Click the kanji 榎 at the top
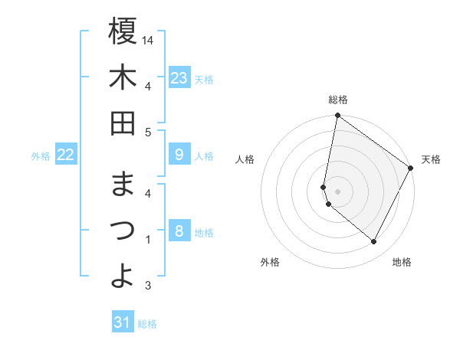[x=123, y=31]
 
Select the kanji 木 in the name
[x=123, y=78]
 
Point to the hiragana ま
[x=123, y=185]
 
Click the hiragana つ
[x=123, y=231]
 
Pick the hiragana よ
[x=123, y=276]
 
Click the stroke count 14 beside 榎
[x=148, y=39]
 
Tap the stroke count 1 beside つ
[x=147, y=240]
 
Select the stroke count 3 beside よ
[x=147, y=286]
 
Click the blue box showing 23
[x=179, y=78]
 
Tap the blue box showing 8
[x=179, y=231]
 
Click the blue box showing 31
[x=123, y=322]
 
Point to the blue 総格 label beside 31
[x=147, y=324]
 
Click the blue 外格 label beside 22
[x=41, y=156]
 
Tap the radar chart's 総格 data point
[x=337, y=116]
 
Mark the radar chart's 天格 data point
[x=410, y=169]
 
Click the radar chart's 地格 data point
[x=373, y=242]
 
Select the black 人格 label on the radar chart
[x=245, y=159]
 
